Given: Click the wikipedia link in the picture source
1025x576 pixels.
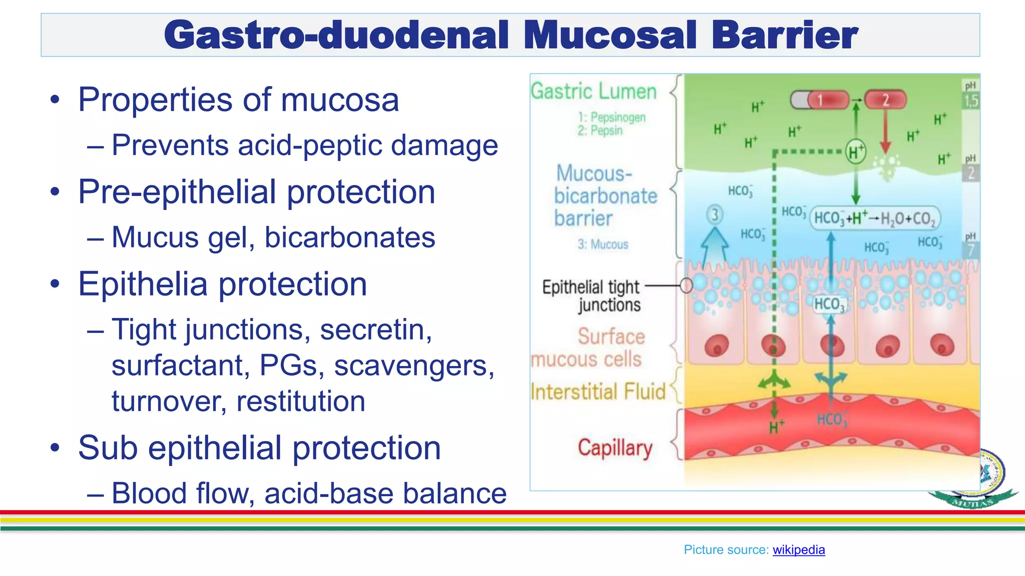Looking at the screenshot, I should [x=798, y=549].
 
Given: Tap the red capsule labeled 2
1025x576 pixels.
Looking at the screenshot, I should [x=885, y=100].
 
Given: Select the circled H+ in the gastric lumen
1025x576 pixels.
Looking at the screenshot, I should [x=855, y=151].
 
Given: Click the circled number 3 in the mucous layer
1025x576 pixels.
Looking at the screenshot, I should [x=715, y=215].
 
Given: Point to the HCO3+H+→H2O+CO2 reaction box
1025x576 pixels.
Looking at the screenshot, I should [x=874, y=218].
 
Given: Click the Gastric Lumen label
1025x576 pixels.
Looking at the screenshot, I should [x=594, y=91].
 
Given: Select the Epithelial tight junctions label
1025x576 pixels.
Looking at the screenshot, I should [x=591, y=296].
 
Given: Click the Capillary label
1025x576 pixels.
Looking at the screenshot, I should [x=615, y=447].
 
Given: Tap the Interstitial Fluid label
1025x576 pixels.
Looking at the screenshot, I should [x=598, y=391].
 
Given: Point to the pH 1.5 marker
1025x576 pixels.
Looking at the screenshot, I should [x=970, y=95].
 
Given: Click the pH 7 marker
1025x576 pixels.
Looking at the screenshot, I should [x=970, y=245].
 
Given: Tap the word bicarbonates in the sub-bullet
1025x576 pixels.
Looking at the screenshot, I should [x=349, y=237].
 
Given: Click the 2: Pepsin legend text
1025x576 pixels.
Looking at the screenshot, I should [x=600, y=130].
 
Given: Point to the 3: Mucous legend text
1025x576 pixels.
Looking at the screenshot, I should [x=603, y=244].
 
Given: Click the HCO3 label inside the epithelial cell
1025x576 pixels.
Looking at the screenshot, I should [x=829, y=304].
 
